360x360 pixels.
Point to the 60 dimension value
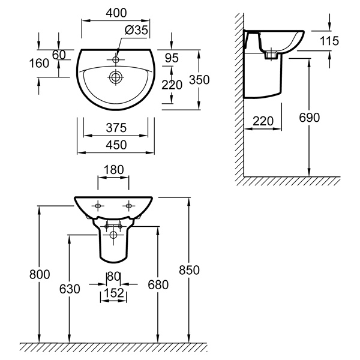(58, 55)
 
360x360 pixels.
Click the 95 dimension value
(173, 59)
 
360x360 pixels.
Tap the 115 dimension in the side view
(329, 41)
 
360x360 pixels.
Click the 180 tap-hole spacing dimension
(113, 170)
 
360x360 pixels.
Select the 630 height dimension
(70, 289)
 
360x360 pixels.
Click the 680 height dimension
(157, 283)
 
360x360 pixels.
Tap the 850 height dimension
(189, 270)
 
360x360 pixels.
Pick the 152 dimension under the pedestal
(113, 293)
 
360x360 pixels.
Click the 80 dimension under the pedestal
(113, 277)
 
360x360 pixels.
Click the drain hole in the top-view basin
(116, 77)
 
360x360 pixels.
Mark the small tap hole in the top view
(116, 59)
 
